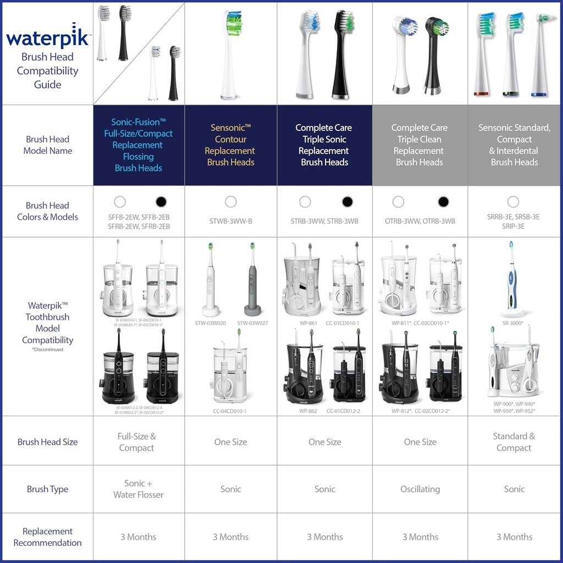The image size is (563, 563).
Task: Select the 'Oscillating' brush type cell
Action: point(420,489)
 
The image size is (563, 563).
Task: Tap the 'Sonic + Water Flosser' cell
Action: point(138,489)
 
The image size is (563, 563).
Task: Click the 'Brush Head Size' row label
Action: point(47,441)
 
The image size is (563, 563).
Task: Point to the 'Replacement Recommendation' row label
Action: point(47,537)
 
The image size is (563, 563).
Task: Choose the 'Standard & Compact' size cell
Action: point(514,441)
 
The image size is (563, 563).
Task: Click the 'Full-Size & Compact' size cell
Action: point(137,441)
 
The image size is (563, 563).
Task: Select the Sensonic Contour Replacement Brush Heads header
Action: point(230,145)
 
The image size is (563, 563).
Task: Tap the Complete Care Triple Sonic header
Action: point(324,145)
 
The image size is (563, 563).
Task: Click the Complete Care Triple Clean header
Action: point(420,145)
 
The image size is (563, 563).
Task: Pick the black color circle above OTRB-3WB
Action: point(443,202)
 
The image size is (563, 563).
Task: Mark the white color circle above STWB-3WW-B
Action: point(231,202)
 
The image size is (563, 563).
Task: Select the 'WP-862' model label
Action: point(308,411)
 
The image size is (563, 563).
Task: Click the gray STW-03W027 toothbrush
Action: point(252,280)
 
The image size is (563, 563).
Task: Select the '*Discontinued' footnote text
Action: point(48,349)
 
